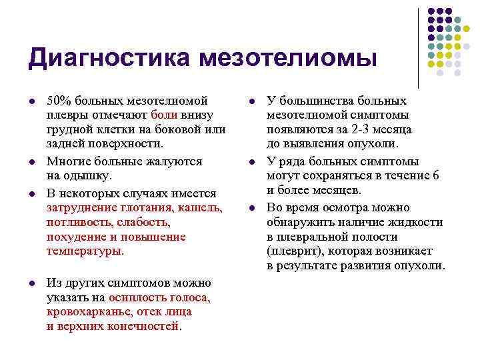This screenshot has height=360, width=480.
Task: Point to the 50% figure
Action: (59, 101)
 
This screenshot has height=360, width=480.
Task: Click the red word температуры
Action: (85, 251)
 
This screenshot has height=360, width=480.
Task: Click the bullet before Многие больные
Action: (31, 161)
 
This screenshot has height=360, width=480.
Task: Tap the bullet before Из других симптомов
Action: (31, 283)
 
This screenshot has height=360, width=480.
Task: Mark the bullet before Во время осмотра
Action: (251, 209)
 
